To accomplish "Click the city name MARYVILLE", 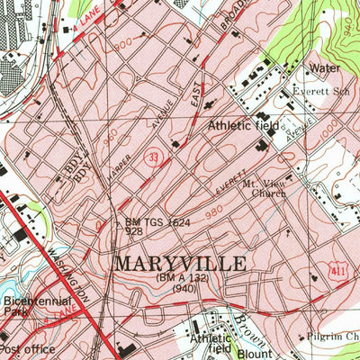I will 180,265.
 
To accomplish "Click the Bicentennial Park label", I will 27,301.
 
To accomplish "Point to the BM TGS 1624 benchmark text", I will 157,220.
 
